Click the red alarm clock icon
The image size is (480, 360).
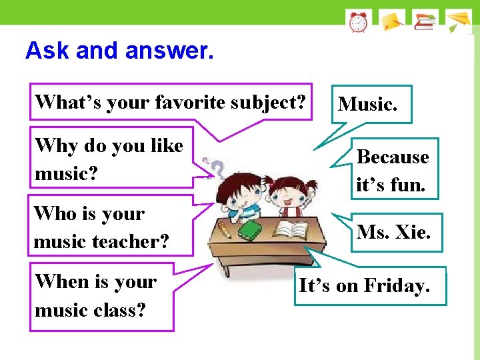(x=358, y=22)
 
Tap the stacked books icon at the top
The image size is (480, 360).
(x=425, y=21)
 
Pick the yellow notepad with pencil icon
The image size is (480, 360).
(x=392, y=21)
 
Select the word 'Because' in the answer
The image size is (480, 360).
(x=393, y=157)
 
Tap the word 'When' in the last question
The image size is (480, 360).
(x=62, y=281)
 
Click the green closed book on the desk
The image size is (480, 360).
(x=250, y=231)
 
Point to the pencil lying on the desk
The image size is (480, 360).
(x=224, y=231)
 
